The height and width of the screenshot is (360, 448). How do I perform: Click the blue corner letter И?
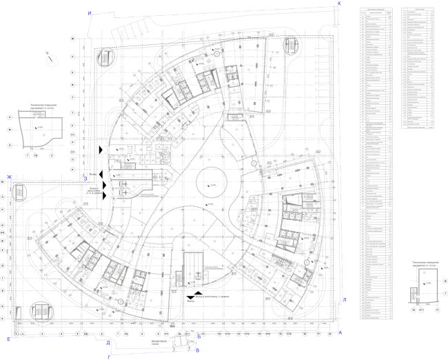(89, 14)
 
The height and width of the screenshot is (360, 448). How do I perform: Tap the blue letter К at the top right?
(339, 4)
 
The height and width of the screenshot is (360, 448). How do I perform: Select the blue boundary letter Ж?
(10, 178)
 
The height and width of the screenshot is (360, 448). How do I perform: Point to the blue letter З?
(85, 178)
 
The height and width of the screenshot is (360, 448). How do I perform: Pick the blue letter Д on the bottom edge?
(108, 342)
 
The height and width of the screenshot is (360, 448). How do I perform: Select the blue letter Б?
(198, 336)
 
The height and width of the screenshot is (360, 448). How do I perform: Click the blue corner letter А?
(340, 332)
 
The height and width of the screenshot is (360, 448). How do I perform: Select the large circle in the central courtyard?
(211, 185)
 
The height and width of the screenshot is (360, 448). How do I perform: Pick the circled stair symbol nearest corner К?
(291, 47)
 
